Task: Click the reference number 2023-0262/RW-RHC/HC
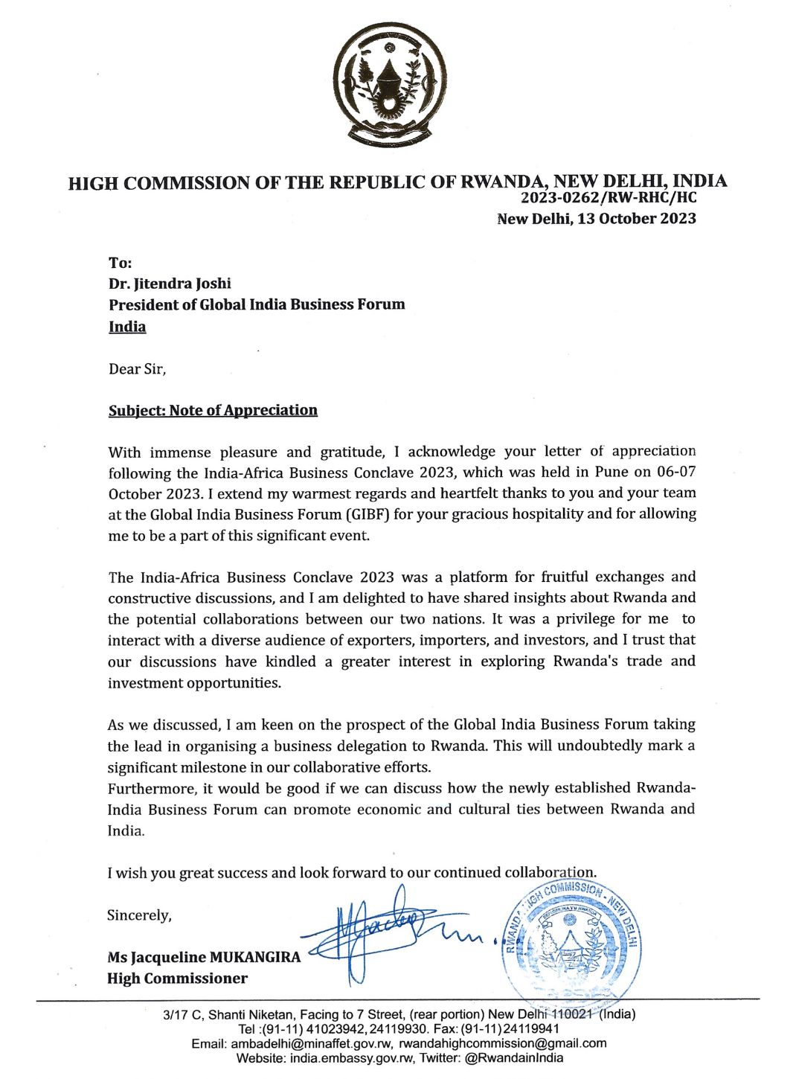[x=609, y=198]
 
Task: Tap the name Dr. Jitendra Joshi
[x=170, y=284]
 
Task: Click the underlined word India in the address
[x=127, y=327]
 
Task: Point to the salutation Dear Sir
[x=137, y=369]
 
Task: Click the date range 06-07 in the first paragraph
[x=676, y=472]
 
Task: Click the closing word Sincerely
[x=139, y=915]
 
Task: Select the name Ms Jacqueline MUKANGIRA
[x=204, y=957]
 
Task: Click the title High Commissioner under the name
[x=177, y=979]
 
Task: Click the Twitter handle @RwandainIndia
[x=514, y=1057]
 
